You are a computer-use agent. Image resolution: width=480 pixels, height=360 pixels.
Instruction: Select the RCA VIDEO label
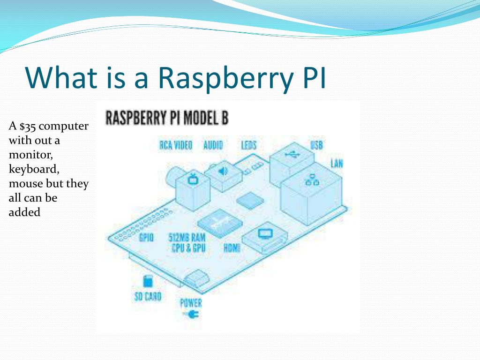coord(176,145)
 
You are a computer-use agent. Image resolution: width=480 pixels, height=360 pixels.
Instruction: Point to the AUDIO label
coord(213,145)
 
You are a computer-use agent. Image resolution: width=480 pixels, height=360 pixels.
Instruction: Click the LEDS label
coord(249,145)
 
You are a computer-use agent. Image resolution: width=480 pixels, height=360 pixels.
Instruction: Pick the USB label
coord(316,145)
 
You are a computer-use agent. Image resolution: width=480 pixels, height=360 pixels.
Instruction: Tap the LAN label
coord(337,164)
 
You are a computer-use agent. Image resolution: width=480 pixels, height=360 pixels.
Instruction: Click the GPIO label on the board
coord(146,238)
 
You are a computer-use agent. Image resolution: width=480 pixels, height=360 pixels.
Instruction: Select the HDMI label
coord(232,248)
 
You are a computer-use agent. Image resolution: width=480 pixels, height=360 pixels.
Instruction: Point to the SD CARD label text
coord(148,296)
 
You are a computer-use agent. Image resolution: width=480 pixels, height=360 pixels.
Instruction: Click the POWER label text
coord(191,303)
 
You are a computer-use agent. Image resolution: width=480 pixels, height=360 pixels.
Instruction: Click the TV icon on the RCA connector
coord(193,179)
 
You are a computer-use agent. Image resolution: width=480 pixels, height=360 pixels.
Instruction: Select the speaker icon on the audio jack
coord(223,171)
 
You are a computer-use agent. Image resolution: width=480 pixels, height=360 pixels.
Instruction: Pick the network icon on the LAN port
coord(312,180)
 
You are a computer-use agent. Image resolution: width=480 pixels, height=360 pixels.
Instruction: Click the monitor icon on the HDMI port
coord(265,232)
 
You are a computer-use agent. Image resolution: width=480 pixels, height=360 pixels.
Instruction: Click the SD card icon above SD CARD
coord(148,282)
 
